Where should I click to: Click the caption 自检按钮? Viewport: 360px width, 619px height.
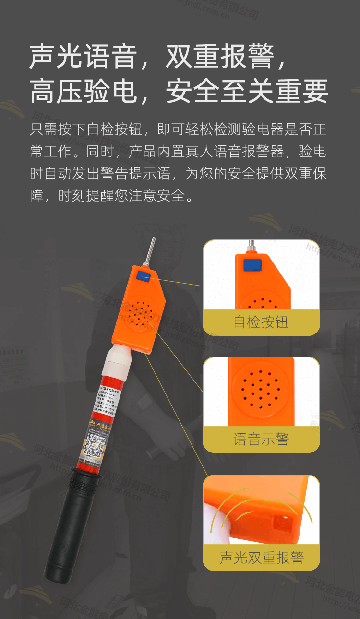coord(261,322)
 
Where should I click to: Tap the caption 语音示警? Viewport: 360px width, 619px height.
coord(261,439)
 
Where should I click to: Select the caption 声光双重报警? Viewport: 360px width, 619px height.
coord(261,558)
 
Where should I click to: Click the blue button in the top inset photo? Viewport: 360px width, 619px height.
coord(252,265)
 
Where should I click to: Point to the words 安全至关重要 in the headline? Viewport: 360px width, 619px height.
coord(247,92)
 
